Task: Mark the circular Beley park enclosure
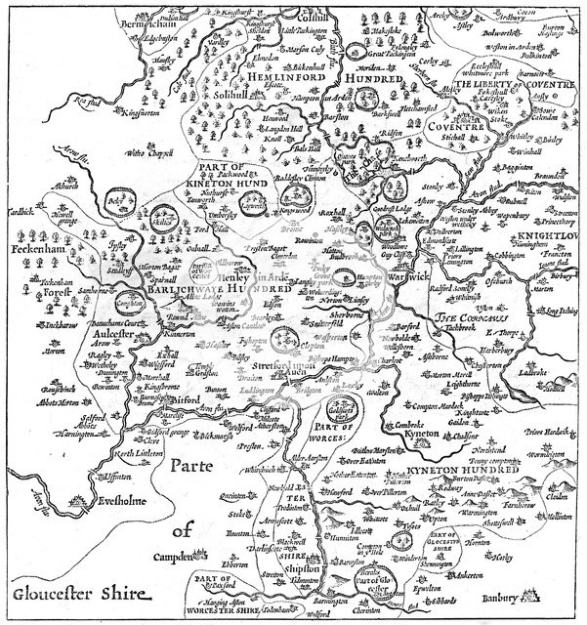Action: point(120,209)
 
